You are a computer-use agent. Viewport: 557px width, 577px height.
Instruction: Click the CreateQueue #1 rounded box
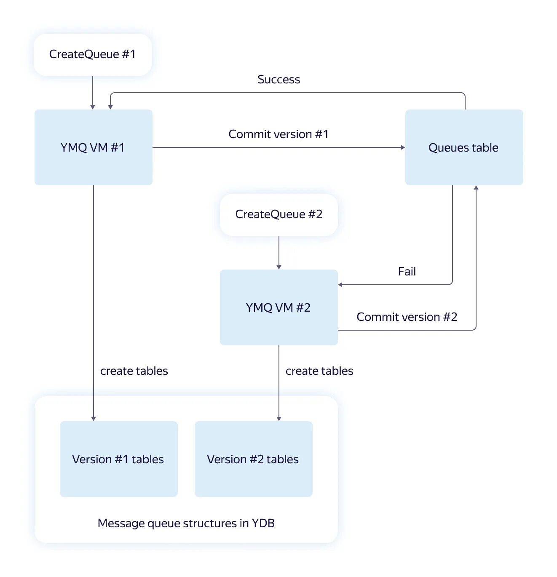tap(93, 55)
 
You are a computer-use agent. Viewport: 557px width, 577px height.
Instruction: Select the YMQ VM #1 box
tap(94, 147)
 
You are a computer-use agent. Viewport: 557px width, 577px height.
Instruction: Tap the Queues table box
tap(464, 147)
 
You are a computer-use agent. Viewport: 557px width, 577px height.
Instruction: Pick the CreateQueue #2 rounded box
tap(278, 215)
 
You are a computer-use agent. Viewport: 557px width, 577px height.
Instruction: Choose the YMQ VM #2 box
tap(278, 307)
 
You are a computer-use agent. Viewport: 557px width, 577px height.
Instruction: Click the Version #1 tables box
tap(119, 459)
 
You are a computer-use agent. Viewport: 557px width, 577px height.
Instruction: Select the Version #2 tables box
tap(253, 459)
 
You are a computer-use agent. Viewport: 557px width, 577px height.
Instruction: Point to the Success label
tap(278, 80)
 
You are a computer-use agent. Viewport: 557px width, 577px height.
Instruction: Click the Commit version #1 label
tap(278, 134)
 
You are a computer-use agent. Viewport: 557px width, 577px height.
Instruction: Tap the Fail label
tap(407, 271)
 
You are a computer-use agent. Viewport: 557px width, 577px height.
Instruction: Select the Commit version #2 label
tap(407, 317)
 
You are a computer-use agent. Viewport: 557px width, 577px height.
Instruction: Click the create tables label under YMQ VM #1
tap(134, 371)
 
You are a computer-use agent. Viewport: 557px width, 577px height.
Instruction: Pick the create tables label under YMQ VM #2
tap(319, 371)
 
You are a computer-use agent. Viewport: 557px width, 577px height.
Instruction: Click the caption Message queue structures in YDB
tap(186, 524)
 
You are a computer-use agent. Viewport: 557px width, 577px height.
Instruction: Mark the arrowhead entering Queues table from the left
tap(403, 147)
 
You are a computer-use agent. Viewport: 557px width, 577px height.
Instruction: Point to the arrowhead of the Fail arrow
tap(340, 285)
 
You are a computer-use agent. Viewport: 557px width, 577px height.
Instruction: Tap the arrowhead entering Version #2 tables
tap(279, 419)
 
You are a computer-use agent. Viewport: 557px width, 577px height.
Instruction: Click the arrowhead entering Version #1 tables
tap(94, 419)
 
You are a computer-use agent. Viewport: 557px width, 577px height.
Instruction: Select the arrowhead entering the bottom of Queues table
tap(476, 188)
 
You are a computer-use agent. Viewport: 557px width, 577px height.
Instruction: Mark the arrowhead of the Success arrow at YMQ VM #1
tap(110, 107)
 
